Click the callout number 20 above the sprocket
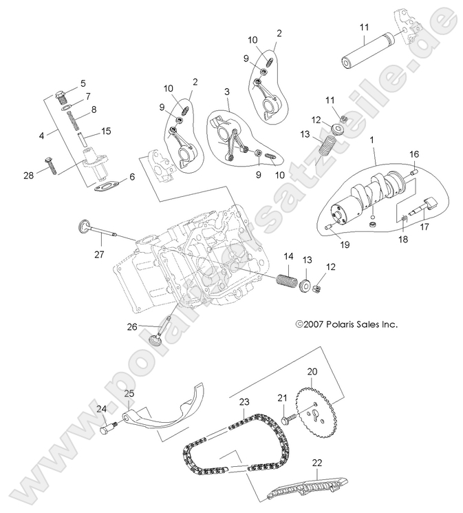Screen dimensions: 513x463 (312, 372)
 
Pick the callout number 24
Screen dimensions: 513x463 (101, 409)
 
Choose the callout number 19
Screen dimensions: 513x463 (343, 243)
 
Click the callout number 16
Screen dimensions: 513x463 (414, 154)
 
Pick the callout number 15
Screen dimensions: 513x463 (106, 131)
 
